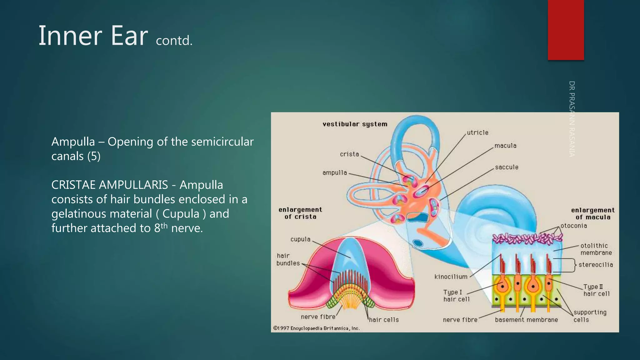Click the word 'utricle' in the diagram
477,132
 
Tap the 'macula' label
505,146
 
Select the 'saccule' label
507,167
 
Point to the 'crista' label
349,154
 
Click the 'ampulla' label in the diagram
335,172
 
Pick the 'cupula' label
300,239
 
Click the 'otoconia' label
574,226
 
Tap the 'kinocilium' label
451,277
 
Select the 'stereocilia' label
596,265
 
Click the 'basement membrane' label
526,320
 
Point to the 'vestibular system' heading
355,124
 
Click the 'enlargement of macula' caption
593,213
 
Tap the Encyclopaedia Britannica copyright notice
317,328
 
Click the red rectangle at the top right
566,30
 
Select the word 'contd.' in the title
174,41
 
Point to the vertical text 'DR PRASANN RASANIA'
572,119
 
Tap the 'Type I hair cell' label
456,296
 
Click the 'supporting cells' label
590,316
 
